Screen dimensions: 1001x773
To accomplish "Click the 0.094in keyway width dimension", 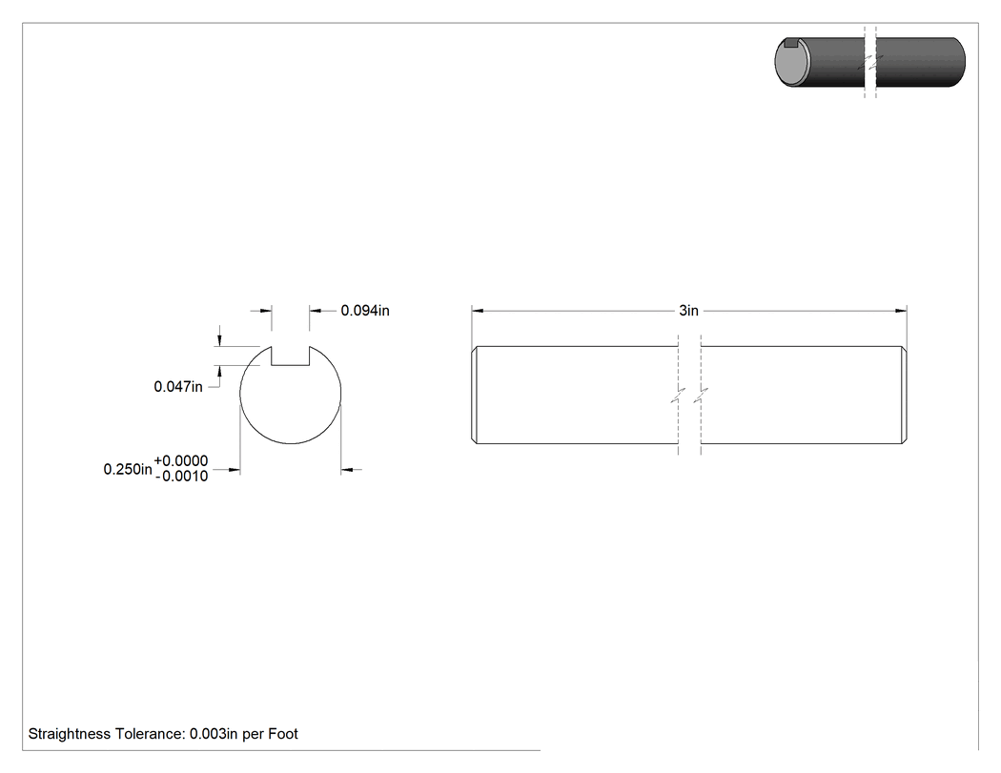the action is click(364, 311).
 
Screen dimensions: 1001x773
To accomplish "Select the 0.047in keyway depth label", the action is click(178, 387).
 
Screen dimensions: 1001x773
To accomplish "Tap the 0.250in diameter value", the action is click(128, 469).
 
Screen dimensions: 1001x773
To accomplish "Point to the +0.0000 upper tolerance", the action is click(181, 461).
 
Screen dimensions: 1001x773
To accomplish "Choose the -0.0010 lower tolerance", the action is click(181, 477).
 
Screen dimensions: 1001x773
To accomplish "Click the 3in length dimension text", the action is click(689, 311).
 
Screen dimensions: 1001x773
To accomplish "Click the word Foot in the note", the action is click(283, 734).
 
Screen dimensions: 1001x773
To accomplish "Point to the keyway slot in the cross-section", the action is click(291, 356).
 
